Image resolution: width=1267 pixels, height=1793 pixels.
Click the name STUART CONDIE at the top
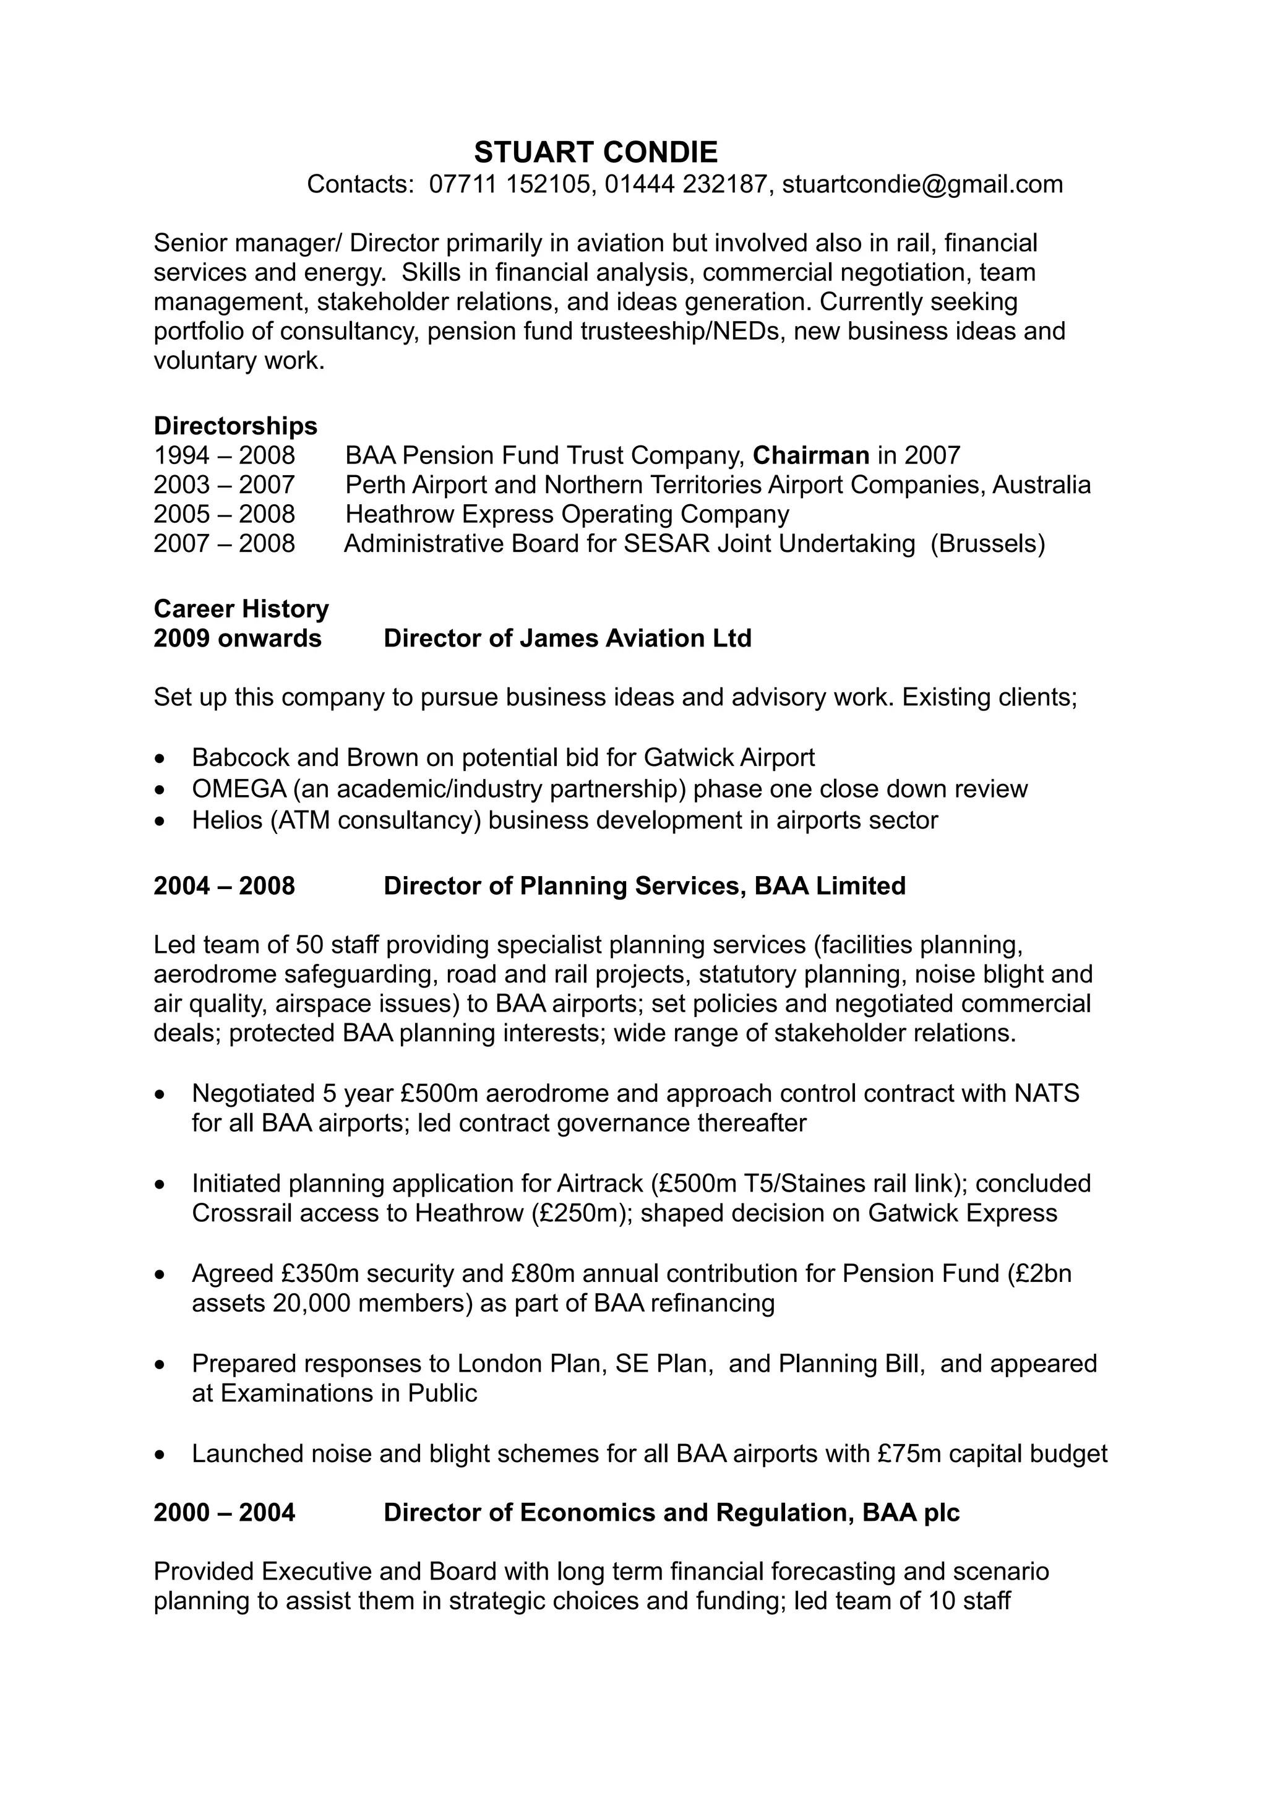click(596, 152)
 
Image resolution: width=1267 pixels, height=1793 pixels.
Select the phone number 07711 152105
click(512, 184)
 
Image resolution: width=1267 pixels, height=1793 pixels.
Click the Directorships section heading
click(235, 426)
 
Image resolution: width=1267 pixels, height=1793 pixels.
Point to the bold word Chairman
click(810, 455)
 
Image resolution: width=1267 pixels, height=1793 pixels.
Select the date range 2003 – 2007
click(224, 485)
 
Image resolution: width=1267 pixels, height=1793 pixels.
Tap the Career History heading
click(241, 609)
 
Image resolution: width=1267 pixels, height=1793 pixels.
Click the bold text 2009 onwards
click(238, 639)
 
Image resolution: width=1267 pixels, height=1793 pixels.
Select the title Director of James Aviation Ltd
click(567, 639)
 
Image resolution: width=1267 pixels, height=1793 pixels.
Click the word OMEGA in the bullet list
click(239, 789)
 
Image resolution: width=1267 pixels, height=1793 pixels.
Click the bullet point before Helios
click(161, 822)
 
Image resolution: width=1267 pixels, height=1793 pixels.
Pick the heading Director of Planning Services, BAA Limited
click(644, 887)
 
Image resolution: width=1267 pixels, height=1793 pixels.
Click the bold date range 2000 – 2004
click(224, 1513)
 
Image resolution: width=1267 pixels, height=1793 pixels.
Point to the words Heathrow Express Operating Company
click(567, 515)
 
